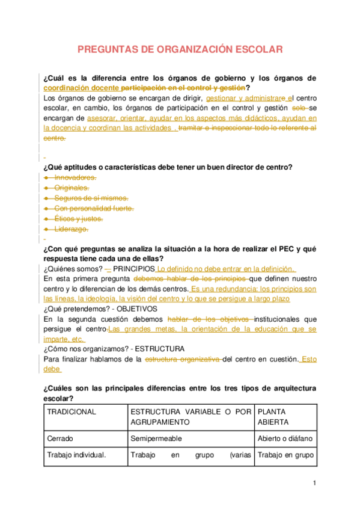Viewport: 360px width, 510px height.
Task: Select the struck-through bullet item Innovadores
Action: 75,178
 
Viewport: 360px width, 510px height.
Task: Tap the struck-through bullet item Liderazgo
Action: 72,229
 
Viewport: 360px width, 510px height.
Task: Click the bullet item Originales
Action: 72,188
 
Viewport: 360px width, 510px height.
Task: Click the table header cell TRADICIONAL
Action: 72,412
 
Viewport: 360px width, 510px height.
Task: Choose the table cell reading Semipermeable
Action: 156,438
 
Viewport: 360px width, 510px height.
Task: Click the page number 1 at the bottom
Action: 314,483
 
